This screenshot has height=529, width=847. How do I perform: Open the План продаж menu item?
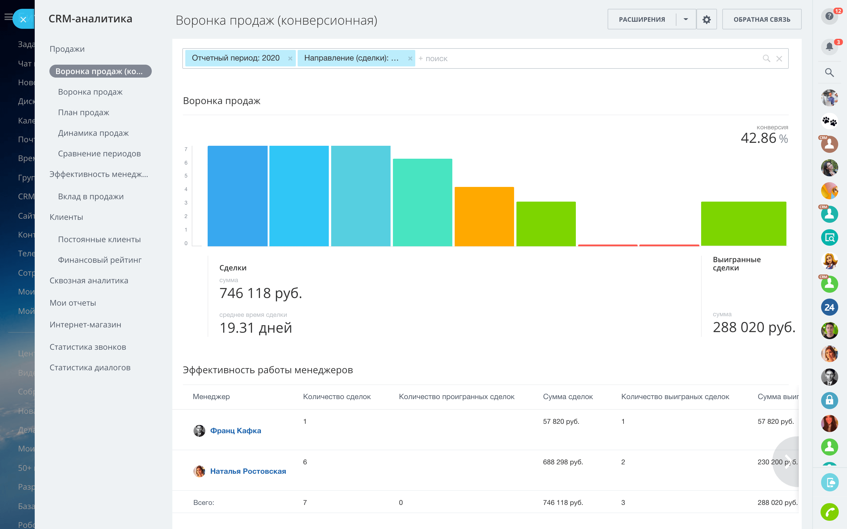(84, 113)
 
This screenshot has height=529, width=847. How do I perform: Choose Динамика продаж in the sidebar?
(94, 133)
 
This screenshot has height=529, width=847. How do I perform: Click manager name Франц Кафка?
(236, 431)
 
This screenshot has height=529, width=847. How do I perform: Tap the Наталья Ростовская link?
(248, 471)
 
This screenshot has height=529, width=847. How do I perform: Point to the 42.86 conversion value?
(758, 138)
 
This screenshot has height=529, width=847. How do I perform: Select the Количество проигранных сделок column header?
(456, 397)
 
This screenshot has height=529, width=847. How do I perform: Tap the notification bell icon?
(829, 46)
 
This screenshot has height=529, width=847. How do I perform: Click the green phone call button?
(829, 512)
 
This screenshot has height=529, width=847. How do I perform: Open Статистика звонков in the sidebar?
(88, 347)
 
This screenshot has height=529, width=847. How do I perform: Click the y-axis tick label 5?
(186, 176)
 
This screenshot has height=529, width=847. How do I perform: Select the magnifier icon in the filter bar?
(766, 59)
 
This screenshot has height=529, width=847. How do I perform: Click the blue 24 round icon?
(829, 307)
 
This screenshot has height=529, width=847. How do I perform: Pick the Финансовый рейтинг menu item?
(100, 260)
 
